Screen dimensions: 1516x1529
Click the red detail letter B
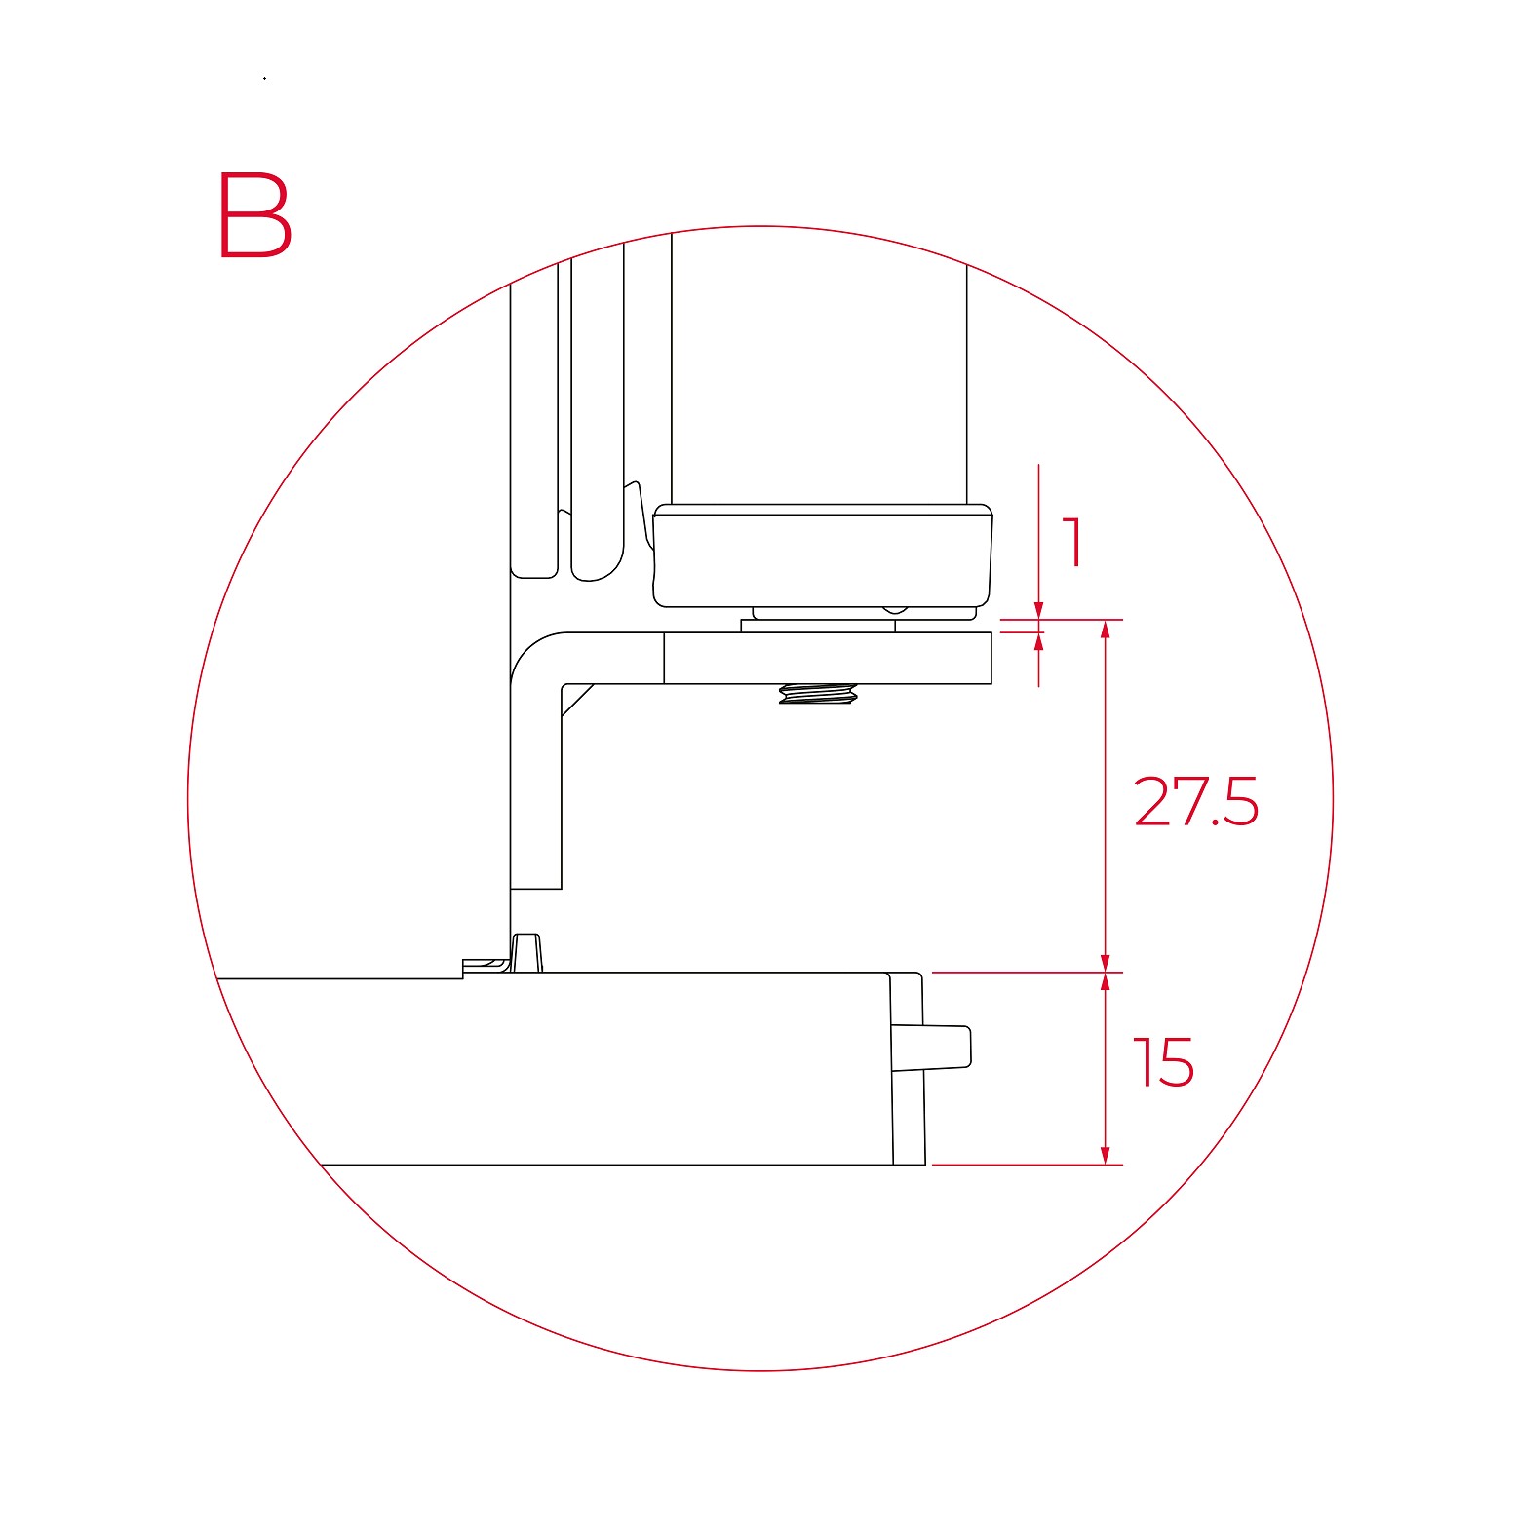pyautogui.click(x=254, y=215)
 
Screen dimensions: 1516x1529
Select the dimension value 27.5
pyautogui.click(x=1196, y=802)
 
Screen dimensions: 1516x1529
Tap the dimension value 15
pyautogui.click(x=1163, y=1062)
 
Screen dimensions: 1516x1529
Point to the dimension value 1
pyautogui.click(x=1072, y=542)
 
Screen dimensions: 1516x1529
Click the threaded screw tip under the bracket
pyautogui.click(x=818, y=694)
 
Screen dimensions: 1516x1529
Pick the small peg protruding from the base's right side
pyautogui.click(x=932, y=1047)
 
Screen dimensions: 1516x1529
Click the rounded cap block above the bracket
pyautogui.click(x=823, y=555)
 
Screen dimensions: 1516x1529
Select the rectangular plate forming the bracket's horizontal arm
pyautogui.click(x=828, y=658)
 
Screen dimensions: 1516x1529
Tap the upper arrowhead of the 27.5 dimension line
pyautogui.click(x=1105, y=630)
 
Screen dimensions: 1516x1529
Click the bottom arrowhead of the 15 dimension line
pyautogui.click(x=1105, y=1154)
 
